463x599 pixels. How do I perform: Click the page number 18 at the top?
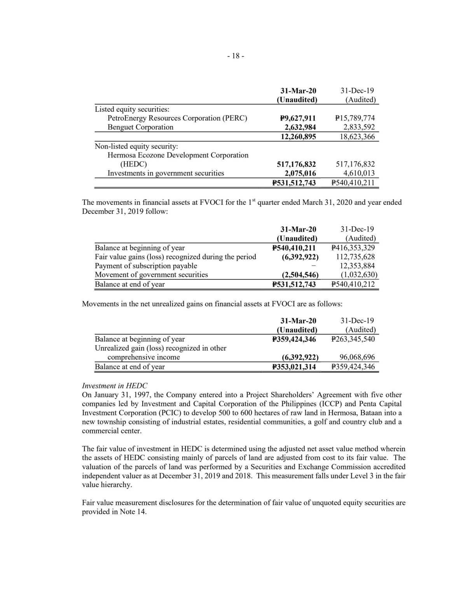tap(236, 56)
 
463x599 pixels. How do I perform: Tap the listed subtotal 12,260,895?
tap(298, 136)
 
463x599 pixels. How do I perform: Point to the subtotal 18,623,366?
tap(357, 136)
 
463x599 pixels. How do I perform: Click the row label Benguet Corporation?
tap(140, 127)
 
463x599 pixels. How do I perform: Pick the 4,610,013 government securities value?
tap(359, 173)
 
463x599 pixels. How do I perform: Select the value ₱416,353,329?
tap(353, 248)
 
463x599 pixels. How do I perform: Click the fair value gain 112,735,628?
tap(355, 257)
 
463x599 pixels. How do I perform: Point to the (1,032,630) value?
tap(356, 275)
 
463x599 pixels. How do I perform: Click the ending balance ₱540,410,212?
tap(353, 284)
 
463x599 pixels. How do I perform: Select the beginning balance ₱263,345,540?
tap(353, 339)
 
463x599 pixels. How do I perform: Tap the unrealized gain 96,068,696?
tap(357, 357)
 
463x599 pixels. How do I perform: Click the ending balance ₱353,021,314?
tap(294, 367)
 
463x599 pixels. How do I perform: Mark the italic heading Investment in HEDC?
tap(115, 386)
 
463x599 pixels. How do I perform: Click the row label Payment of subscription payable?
tap(146, 266)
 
